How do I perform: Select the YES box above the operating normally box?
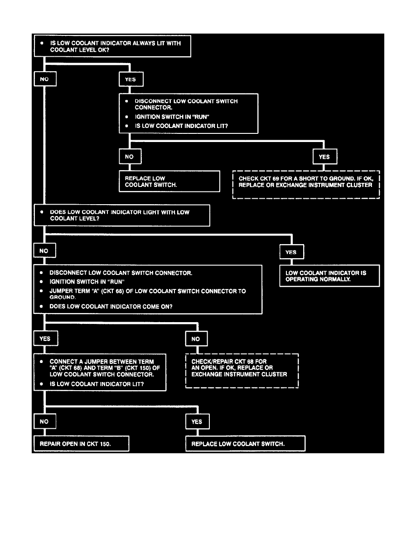point(291,252)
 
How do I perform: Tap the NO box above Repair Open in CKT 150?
point(44,421)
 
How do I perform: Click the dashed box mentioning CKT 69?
point(306,185)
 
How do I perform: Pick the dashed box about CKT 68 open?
point(242,371)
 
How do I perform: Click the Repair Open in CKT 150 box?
point(82,444)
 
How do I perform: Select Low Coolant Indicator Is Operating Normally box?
point(329,276)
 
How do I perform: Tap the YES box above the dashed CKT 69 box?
point(325,157)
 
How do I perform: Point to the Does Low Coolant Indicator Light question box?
point(122,215)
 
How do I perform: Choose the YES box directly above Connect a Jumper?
point(45,338)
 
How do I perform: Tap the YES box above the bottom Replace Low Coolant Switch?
point(197,421)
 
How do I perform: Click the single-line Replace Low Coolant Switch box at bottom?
point(245,444)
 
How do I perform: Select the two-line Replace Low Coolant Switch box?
point(169,181)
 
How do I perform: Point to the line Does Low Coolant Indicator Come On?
point(111,306)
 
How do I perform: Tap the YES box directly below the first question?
point(130,79)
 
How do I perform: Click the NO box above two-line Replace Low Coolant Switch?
point(130,157)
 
